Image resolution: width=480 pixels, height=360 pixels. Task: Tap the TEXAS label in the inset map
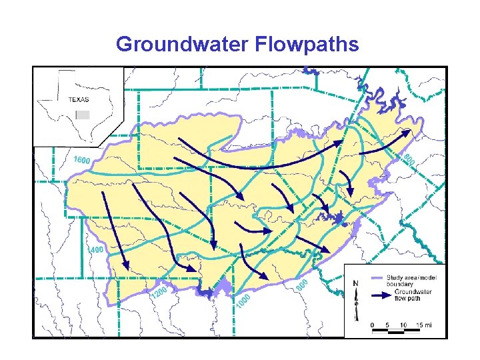point(79,99)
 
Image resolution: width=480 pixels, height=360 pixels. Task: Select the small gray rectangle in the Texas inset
point(83,115)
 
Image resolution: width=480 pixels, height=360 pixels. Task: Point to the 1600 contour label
point(81,161)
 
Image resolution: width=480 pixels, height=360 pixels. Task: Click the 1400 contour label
point(95,250)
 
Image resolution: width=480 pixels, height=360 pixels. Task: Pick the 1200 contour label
point(158,293)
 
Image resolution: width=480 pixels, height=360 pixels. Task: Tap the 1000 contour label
point(243,302)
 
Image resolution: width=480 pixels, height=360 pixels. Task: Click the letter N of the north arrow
point(355,282)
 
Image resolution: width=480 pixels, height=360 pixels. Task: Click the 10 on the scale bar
point(403,325)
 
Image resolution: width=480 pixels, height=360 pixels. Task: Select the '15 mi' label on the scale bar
point(423,325)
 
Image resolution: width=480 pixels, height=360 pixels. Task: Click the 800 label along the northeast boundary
point(409,159)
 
